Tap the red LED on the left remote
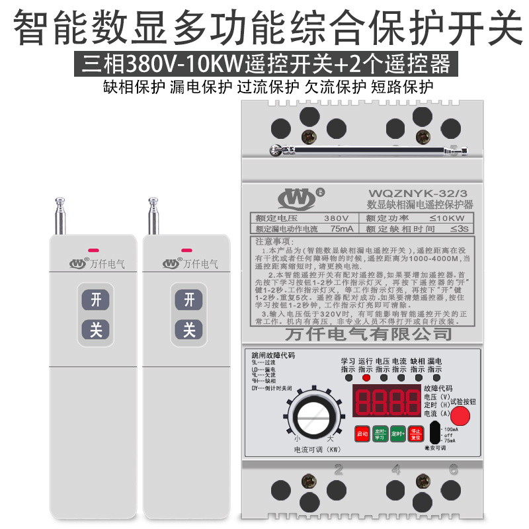pyautogui.click(x=93, y=251)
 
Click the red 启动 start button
pyautogui.click(x=362, y=434)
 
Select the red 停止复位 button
pyautogui.click(x=415, y=434)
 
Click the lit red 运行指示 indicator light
pyautogui.click(x=366, y=378)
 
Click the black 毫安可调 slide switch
pyautogui.click(x=434, y=434)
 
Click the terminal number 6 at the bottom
pyautogui.click(x=454, y=471)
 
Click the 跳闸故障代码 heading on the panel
pyautogui.click(x=268, y=355)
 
